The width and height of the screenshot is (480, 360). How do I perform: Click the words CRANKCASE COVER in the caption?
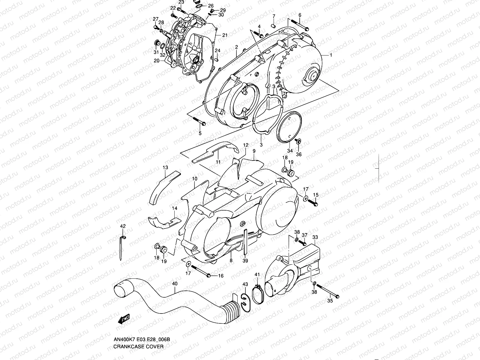click(138, 346)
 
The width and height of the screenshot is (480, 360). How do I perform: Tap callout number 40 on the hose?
click(175, 283)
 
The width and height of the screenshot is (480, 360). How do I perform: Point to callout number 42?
click(123, 226)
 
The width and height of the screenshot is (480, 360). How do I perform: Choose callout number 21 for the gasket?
click(225, 35)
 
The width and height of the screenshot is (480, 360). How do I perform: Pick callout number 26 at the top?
click(211, 6)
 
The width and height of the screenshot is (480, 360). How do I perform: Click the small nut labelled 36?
click(299, 141)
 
